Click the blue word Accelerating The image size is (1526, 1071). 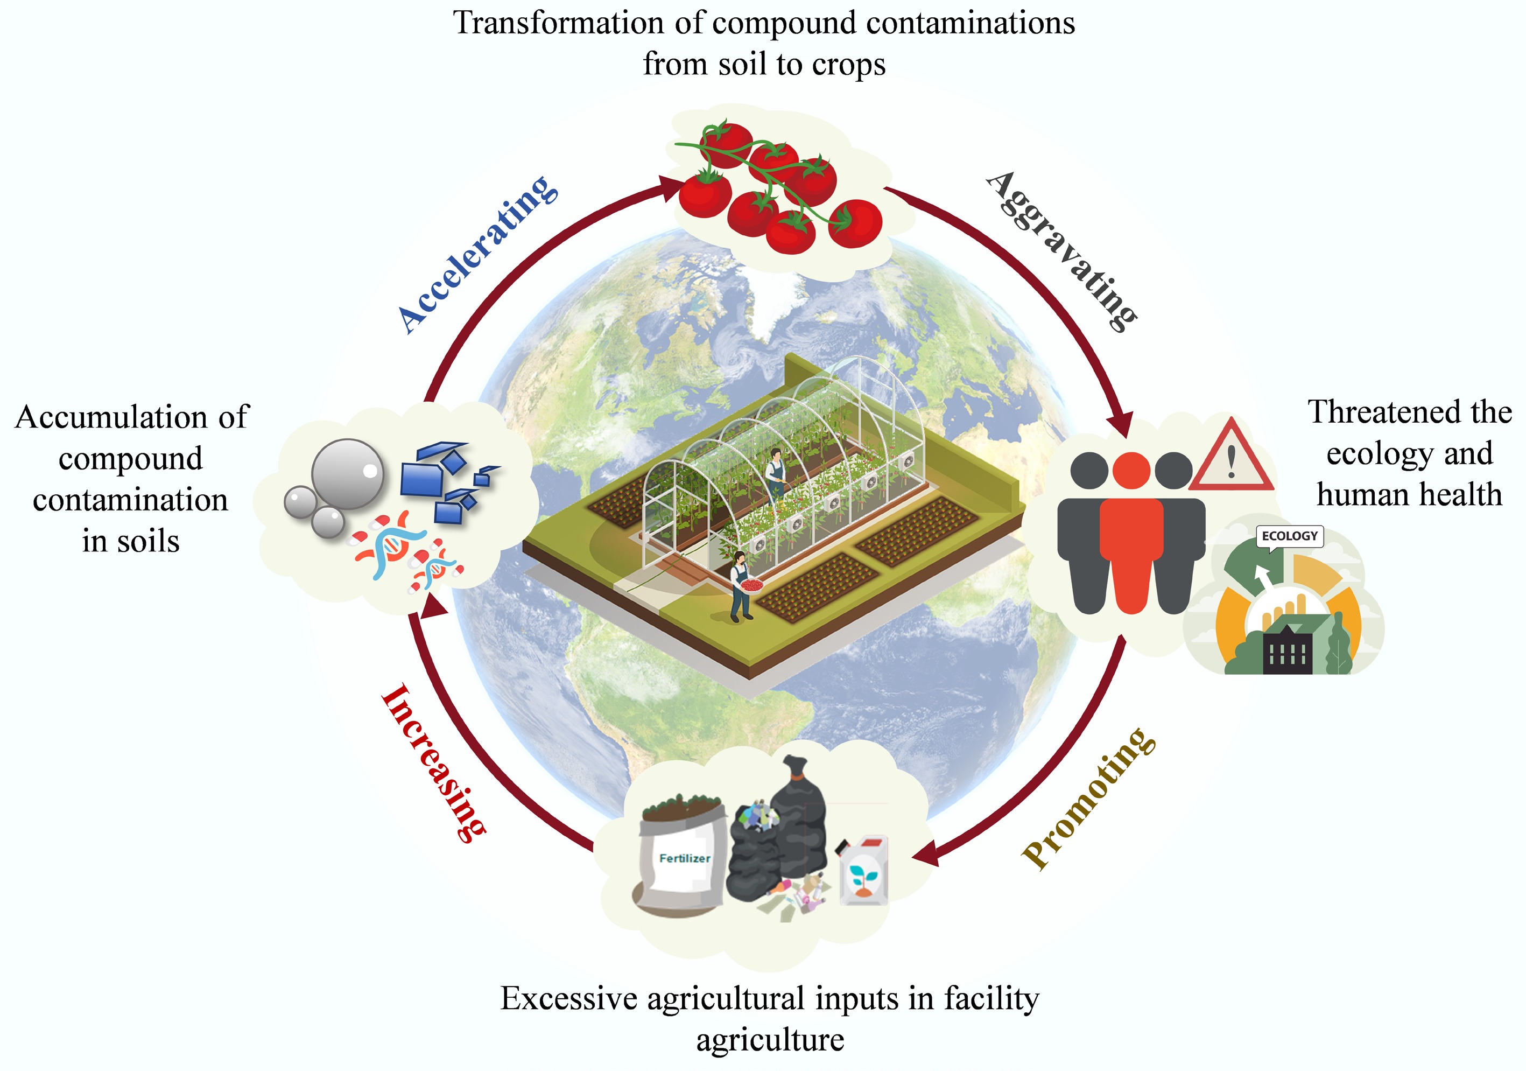[x=477, y=255]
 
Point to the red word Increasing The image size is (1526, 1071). [x=433, y=763]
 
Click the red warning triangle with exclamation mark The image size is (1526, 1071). [x=1231, y=457]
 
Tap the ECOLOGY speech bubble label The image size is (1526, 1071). [x=1289, y=536]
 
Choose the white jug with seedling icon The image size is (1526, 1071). [x=863, y=871]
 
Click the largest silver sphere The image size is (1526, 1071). [x=348, y=473]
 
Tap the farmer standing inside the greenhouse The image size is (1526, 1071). [x=775, y=473]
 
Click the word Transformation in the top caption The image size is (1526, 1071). [x=558, y=23]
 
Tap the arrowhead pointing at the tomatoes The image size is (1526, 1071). [x=670, y=187]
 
